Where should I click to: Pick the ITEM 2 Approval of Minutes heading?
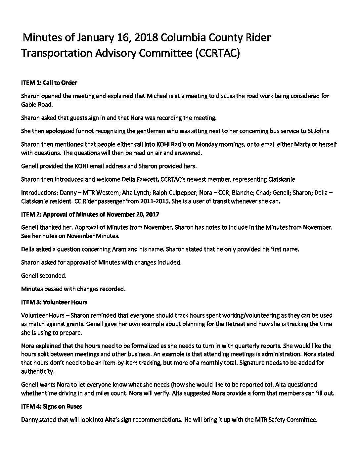(x=90, y=214)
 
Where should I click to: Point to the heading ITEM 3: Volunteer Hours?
(x=54, y=302)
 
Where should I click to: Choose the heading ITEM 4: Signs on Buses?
(x=52, y=406)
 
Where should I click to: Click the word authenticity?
(x=37, y=371)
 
